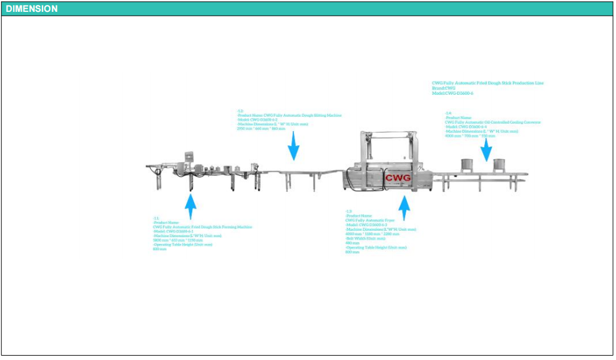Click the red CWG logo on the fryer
[398, 178]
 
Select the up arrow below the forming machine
[191, 205]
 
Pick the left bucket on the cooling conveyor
[466, 165]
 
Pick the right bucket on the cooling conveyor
[499, 165]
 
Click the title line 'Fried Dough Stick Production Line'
[487, 83]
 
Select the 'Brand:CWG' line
[444, 88]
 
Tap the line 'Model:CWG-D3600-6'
[452, 93]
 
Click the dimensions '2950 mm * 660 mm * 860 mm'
[257, 129]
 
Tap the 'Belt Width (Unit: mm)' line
[365, 238]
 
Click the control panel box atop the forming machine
[186, 158]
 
